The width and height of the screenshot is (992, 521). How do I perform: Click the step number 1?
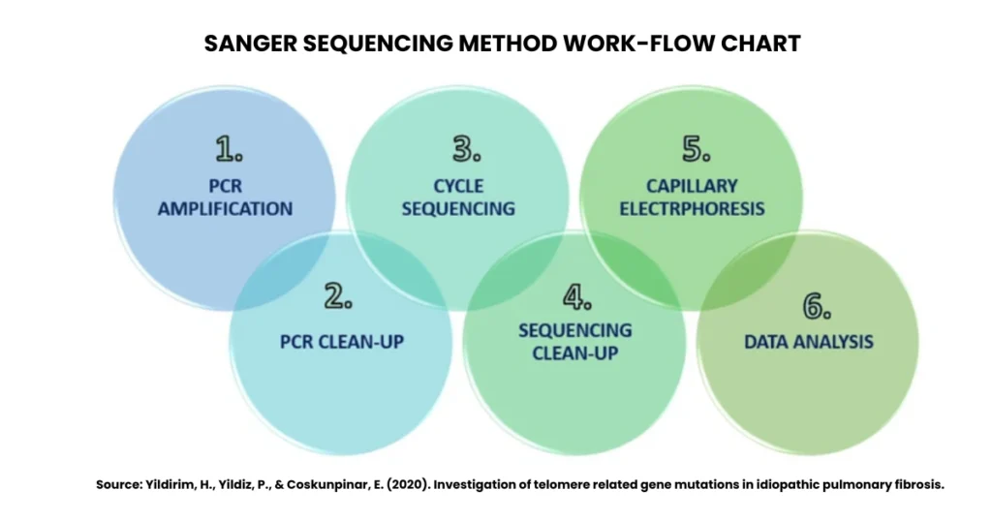point(229,150)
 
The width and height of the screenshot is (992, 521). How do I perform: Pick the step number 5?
point(696,150)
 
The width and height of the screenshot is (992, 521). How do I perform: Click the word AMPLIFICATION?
point(225,208)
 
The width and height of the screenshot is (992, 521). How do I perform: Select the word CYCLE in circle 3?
point(458,186)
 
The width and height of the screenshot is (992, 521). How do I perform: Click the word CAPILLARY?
point(692,186)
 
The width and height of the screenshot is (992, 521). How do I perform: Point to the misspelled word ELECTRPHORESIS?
point(692,208)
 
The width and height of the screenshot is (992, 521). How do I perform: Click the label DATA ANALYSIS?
point(809,341)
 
